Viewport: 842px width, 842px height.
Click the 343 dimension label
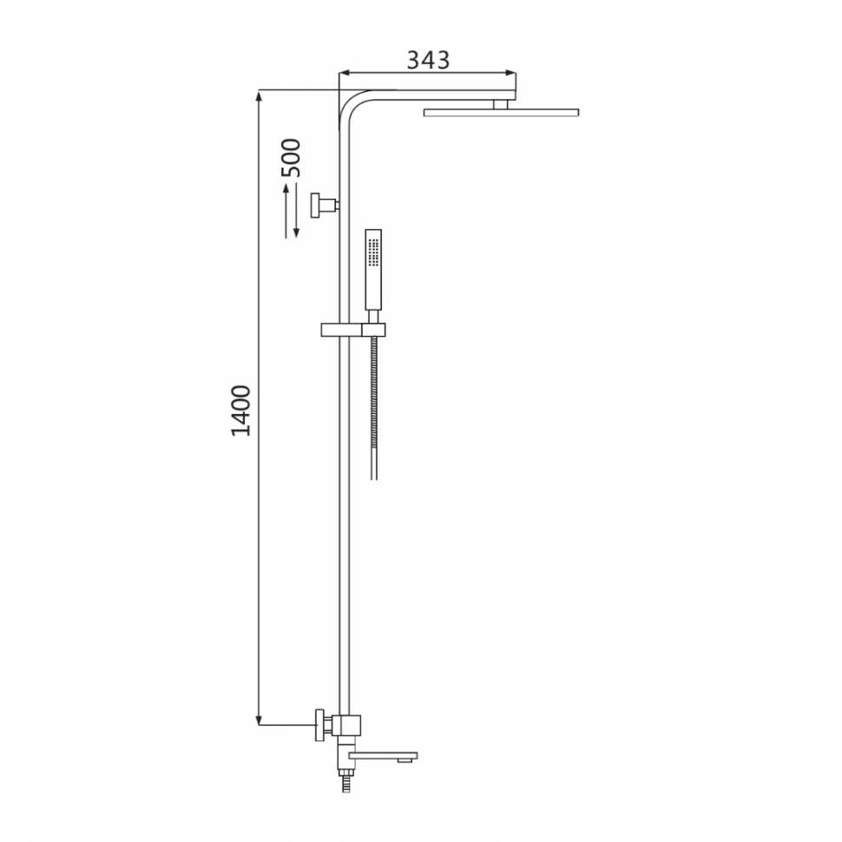click(428, 60)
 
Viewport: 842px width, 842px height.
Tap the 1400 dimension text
click(241, 411)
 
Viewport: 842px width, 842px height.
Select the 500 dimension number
click(292, 158)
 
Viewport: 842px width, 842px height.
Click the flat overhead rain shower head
click(501, 112)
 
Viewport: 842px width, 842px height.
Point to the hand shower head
click(373, 270)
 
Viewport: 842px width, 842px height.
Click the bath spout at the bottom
click(383, 757)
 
